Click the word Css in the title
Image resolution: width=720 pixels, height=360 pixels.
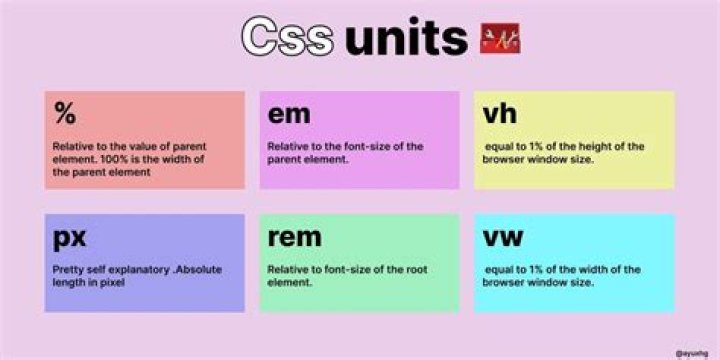tap(287, 37)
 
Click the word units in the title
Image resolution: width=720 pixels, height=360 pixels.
tap(406, 37)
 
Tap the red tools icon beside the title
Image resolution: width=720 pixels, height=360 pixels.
tap(501, 38)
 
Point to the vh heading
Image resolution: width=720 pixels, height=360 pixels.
tap(499, 114)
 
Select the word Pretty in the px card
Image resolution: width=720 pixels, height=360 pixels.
tap(69, 269)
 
